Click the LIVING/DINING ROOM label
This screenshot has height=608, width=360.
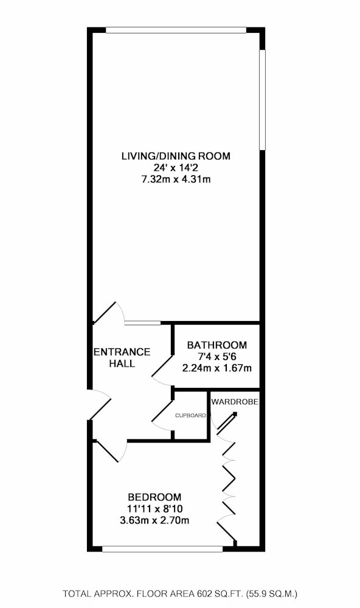click(176, 156)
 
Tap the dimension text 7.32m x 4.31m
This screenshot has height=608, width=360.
click(176, 179)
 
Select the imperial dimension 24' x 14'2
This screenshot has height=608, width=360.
click(176, 168)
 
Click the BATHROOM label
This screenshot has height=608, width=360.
click(217, 345)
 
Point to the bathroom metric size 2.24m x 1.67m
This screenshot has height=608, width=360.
click(217, 368)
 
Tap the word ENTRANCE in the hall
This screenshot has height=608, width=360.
click(122, 351)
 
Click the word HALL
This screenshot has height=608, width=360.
click(122, 364)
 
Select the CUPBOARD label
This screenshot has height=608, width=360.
click(190, 416)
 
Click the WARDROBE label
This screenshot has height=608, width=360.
click(235, 402)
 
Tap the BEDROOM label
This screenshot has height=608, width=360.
click(155, 497)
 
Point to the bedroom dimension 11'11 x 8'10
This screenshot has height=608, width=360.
click(155, 508)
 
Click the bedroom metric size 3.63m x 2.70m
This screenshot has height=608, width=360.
click(155, 520)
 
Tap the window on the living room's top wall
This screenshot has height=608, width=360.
click(176, 30)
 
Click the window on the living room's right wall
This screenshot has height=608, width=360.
click(262, 100)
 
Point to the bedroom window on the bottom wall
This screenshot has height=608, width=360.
click(162, 548)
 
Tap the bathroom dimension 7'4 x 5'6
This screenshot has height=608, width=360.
click(217, 356)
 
